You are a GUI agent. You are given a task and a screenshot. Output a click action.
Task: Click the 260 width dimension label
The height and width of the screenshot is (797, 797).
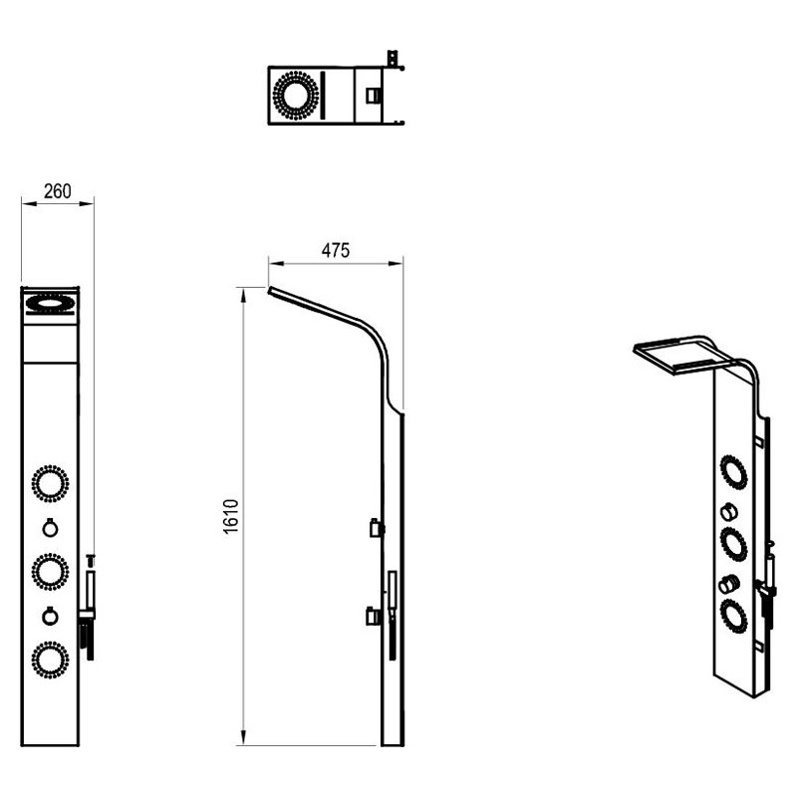tap(58, 191)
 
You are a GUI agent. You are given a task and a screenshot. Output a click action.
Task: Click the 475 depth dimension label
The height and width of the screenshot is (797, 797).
tap(336, 251)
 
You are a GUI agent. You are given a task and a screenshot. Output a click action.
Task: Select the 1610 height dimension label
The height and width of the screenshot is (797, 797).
tap(231, 516)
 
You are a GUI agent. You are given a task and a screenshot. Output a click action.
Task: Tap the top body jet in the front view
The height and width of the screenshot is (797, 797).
tap(51, 483)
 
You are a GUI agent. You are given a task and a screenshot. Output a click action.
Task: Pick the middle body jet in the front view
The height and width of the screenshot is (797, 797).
tap(51, 572)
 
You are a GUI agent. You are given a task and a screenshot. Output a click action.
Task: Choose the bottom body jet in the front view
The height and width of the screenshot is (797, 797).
tap(51, 660)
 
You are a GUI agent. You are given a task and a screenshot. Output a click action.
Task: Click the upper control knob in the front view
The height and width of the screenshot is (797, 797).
tap(50, 528)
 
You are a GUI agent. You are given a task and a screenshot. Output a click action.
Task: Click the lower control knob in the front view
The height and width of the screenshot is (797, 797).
tap(50, 616)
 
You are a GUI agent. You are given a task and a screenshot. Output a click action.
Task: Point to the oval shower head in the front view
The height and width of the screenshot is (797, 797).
tap(51, 305)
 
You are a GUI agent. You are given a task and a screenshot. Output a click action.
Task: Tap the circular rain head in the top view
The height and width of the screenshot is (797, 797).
tap(295, 96)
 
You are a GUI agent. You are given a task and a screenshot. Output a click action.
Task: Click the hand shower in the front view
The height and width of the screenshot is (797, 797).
tap(89, 608)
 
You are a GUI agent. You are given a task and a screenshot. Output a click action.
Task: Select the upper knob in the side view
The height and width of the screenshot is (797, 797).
tap(377, 529)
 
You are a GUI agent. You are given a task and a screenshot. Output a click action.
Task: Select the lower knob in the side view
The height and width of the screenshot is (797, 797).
tap(373, 617)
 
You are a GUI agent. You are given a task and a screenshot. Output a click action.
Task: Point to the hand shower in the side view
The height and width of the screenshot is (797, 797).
tap(392, 615)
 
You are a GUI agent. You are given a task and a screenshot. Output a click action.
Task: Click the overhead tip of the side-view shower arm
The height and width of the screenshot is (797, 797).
tap(269, 290)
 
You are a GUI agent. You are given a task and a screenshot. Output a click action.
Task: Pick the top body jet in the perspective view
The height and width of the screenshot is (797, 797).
tap(733, 471)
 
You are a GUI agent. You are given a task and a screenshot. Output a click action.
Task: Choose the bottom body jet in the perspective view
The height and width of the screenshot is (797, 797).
tap(733, 617)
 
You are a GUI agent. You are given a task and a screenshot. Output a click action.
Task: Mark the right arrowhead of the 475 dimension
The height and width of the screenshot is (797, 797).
tap(396, 263)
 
